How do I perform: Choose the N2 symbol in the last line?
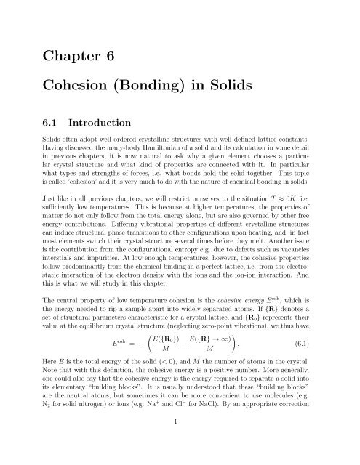[49, 421]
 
